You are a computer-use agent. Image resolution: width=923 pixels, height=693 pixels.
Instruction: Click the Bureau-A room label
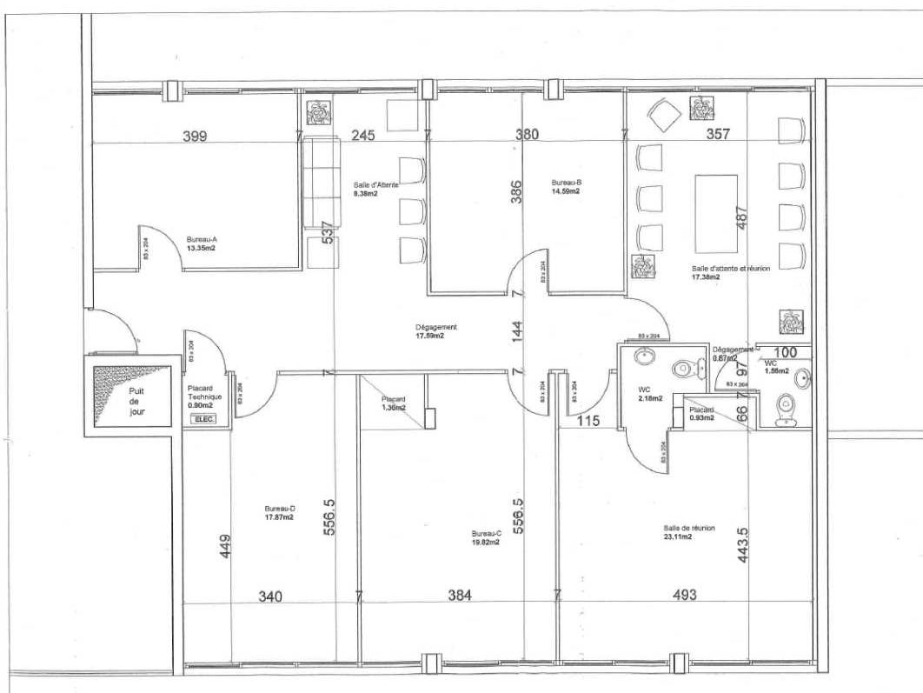click(201, 242)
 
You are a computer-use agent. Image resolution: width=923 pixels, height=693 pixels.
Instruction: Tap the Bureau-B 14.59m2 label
click(566, 188)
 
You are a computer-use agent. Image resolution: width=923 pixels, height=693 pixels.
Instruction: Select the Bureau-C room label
click(487, 537)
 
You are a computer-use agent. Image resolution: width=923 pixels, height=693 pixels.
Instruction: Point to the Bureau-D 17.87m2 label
click(279, 513)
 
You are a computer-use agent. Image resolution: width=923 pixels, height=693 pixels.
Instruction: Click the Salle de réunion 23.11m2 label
click(678, 532)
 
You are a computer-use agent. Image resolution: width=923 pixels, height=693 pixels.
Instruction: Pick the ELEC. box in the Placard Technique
click(205, 418)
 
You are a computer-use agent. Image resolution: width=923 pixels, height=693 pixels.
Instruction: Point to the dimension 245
click(362, 136)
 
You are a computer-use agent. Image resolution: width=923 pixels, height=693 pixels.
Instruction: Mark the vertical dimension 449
click(226, 546)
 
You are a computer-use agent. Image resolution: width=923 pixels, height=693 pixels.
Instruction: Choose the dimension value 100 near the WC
click(785, 353)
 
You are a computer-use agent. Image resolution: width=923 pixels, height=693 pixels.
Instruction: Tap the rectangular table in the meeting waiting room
click(715, 213)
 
